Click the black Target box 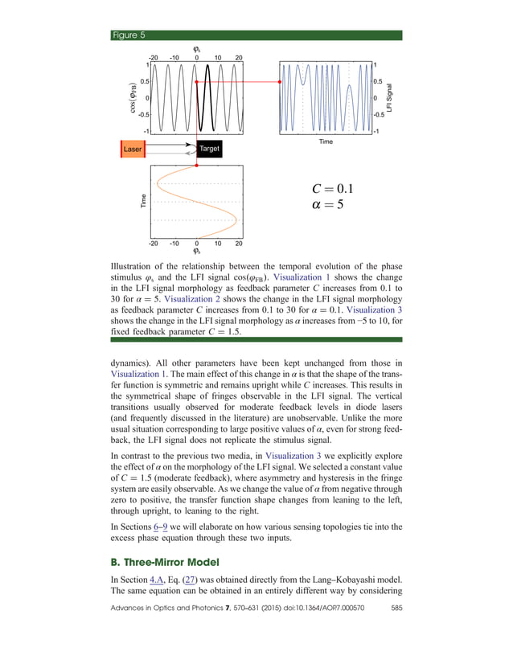point(208,149)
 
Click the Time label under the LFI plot point(325,141)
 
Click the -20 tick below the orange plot point(154,243)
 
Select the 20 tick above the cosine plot point(239,57)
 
